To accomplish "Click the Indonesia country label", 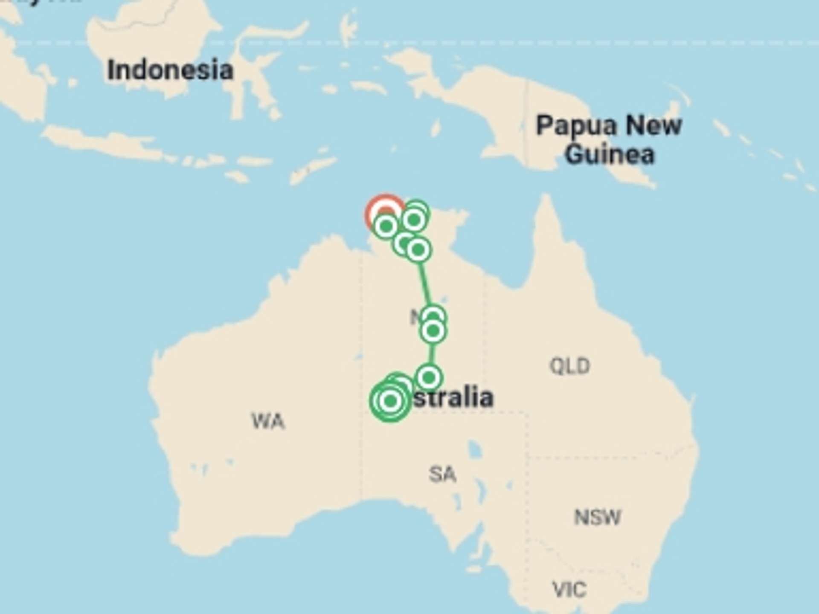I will [170, 70].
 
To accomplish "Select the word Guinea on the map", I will [610, 154].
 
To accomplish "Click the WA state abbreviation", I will [268, 421].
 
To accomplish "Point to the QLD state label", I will [569, 366].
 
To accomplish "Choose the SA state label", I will [442, 474].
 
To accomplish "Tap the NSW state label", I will [597, 517].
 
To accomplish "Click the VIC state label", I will [569, 590].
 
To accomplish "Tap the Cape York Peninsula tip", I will [545, 199].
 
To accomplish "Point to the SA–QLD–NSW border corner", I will [527, 456].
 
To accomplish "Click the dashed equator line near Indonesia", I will [299, 43].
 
